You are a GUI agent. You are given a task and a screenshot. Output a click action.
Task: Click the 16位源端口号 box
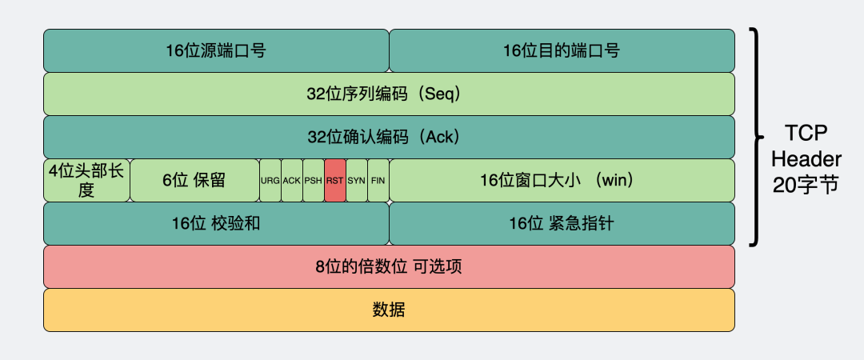point(216,50)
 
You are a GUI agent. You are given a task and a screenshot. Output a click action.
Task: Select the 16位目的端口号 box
point(562,50)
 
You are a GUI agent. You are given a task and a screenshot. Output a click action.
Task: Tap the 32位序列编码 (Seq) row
point(389,94)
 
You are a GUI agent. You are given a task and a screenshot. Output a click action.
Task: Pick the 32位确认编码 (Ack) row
point(389,137)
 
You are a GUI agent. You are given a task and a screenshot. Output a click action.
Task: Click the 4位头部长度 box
point(86,180)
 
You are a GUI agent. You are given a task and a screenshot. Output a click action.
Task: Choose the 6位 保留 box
point(194,180)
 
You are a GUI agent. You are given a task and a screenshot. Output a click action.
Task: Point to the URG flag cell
point(270,180)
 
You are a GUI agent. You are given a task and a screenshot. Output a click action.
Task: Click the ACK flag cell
point(292,180)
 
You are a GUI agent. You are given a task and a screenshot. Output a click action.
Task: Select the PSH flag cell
point(314,180)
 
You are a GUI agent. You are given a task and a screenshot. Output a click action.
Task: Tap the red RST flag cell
point(335,180)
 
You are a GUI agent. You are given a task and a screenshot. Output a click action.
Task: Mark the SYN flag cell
point(357,180)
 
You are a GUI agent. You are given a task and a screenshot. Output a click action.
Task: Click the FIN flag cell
point(378,180)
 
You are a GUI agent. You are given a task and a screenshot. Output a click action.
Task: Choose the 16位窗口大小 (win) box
point(562,180)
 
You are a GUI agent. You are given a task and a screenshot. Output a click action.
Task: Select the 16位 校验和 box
point(216,223)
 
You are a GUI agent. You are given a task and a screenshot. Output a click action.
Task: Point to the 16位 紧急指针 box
point(562,223)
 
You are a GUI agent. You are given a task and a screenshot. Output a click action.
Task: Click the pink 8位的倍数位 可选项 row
point(389,266)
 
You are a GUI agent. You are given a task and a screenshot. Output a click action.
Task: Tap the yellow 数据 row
point(389,310)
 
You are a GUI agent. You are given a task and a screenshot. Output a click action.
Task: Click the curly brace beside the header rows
point(754,137)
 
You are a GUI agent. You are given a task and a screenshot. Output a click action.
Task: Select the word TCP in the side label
point(806,133)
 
